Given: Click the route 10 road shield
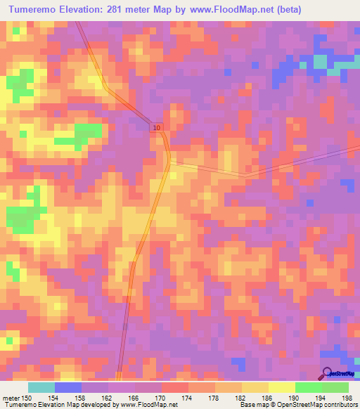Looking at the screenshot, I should click(x=155, y=127).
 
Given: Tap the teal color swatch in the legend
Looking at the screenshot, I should click(x=41, y=387).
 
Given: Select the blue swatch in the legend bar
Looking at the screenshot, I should click(x=68, y=387).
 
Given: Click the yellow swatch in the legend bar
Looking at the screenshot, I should click(x=281, y=387).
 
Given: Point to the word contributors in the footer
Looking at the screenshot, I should click(x=340, y=405).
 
